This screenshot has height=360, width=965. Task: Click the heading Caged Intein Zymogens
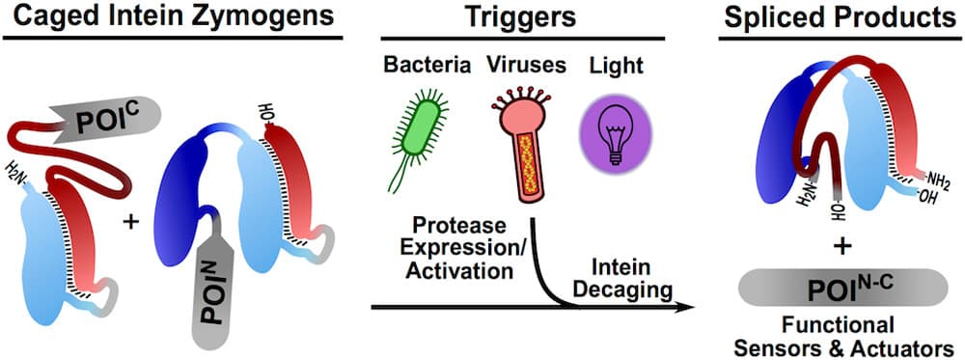click(x=172, y=17)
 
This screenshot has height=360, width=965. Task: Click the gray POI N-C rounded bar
click(x=840, y=289)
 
